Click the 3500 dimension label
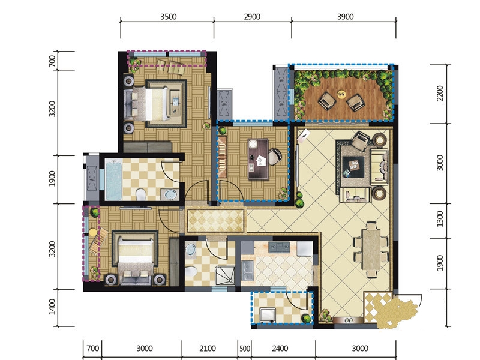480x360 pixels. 169,17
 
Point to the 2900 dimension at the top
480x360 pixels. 252,17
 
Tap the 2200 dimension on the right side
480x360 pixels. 440,94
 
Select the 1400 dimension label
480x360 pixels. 52,307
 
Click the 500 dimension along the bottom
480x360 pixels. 245,349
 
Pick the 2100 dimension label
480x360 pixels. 208,349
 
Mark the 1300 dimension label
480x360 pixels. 440,218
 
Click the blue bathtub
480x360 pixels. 113,181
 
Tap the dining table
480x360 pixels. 371,250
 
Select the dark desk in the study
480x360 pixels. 258,159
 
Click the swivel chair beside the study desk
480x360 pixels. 275,157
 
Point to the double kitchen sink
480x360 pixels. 248,271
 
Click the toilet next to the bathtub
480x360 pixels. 140,194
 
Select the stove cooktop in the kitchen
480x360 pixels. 279,247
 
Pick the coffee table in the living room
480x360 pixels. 353,167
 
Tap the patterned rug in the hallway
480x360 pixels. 216,221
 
